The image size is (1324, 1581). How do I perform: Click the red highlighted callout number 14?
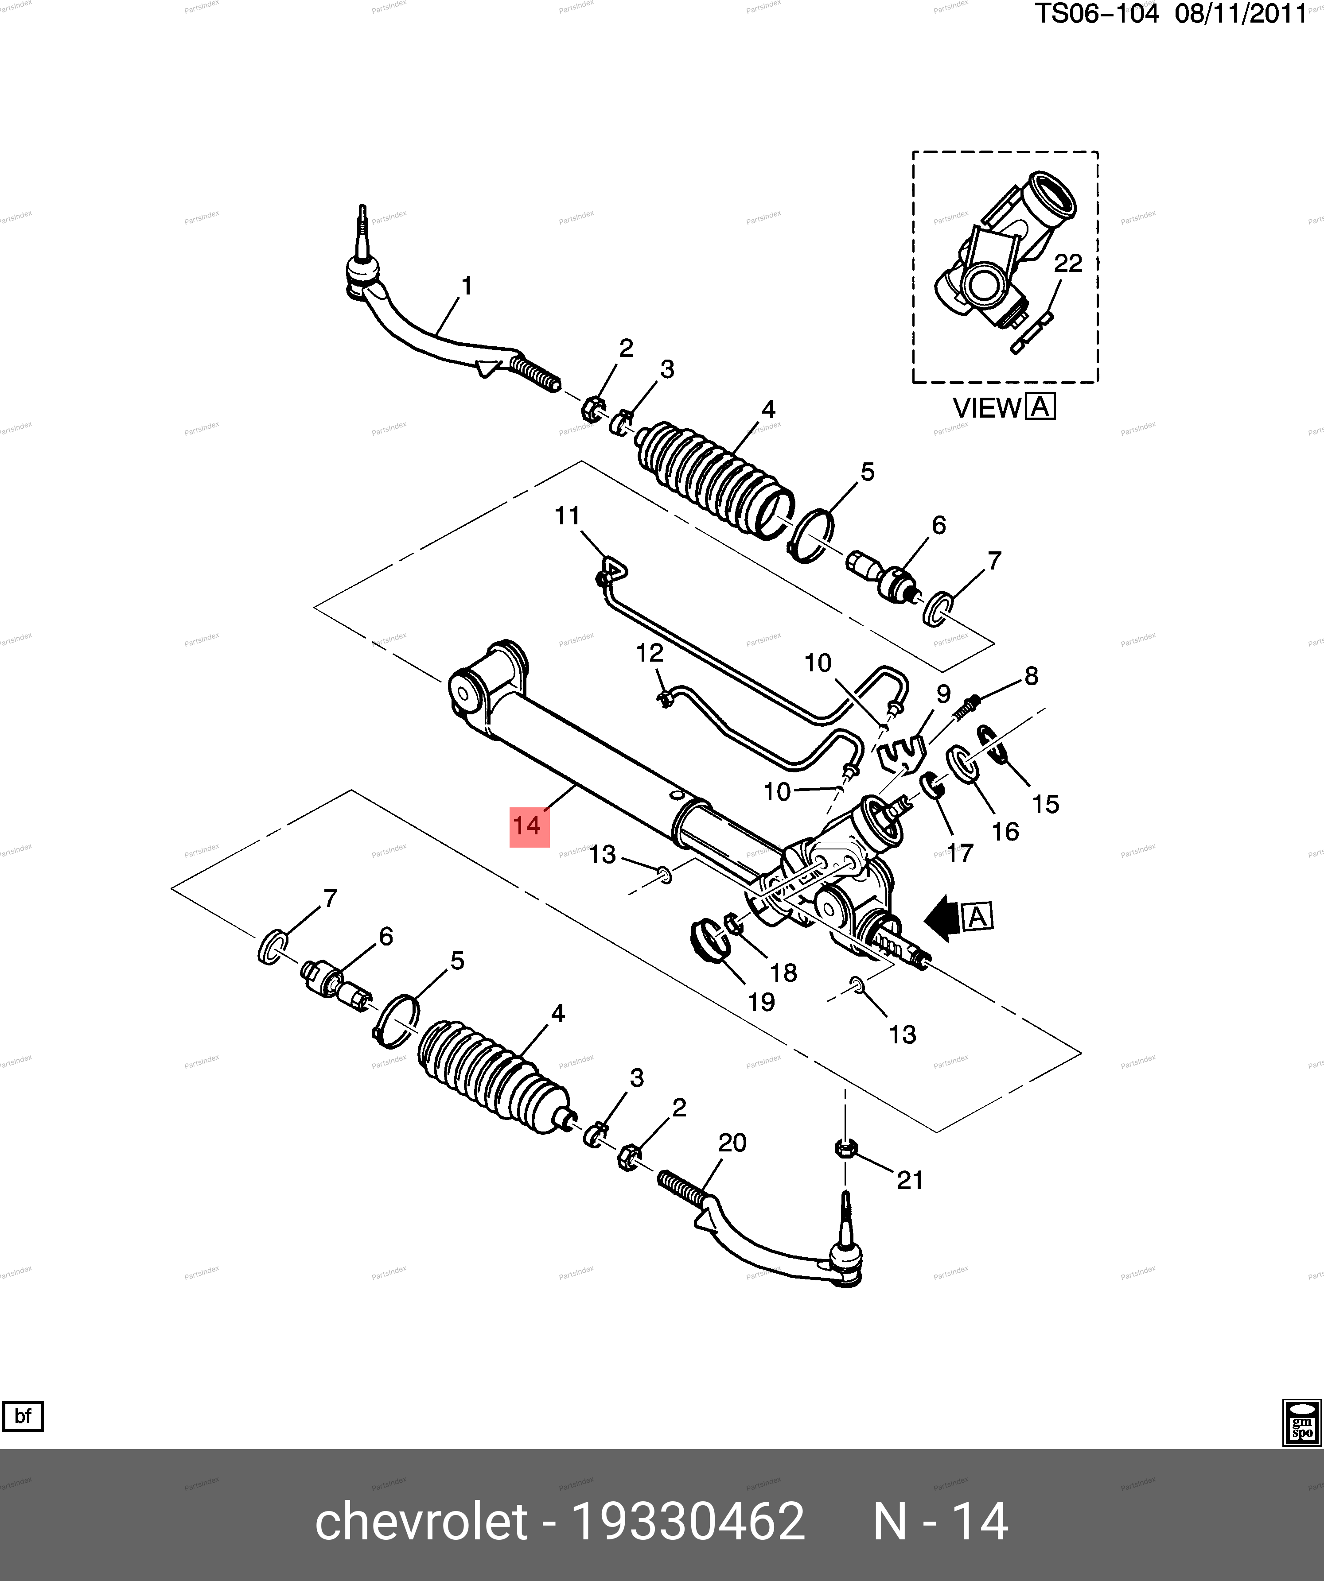tap(529, 826)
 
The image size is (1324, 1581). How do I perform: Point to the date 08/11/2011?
tap(1240, 14)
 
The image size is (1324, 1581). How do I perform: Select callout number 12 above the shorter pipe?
tap(649, 653)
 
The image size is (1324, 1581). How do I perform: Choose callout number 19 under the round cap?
tap(761, 1002)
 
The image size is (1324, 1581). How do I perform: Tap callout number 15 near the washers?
tap(1045, 804)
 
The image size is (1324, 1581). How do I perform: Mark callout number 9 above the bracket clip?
tap(943, 694)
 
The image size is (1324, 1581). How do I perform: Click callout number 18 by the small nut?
tap(783, 973)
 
